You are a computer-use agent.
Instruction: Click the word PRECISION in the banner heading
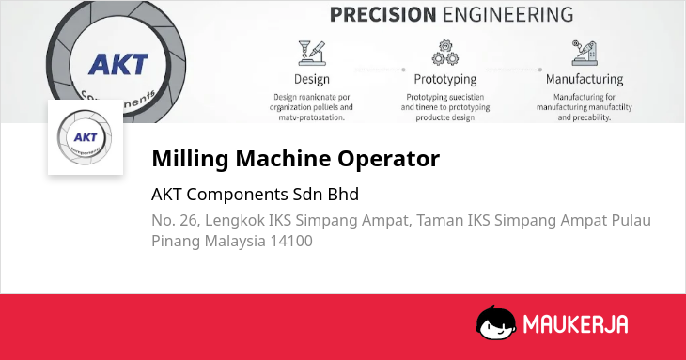click(x=382, y=14)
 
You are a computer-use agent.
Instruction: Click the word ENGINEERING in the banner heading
click(x=508, y=14)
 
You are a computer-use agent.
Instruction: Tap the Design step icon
click(x=312, y=53)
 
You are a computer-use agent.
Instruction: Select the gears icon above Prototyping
click(x=444, y=53)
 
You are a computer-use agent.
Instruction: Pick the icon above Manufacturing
click(x=585, y=53)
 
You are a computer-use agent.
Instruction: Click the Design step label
click(x=311, y=79)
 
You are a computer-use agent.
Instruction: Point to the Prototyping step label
click(x=444, y=80)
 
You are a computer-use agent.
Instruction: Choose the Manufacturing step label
click(x=585, y=79)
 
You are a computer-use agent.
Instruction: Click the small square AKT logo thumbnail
click(x=86, y=137)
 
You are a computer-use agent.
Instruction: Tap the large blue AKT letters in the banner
click(x=118, y=65)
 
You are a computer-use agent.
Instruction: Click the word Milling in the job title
click(x=190, y=158)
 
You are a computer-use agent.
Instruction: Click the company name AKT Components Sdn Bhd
click(x=255, y=195)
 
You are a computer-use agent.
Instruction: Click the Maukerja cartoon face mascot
click(x=496, y=322)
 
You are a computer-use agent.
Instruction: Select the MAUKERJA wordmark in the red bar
click(x=576, y=324)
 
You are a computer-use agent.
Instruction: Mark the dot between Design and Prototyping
click(x=403, y=70)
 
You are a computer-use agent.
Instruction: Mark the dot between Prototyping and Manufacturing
click(x=540, y=70)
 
